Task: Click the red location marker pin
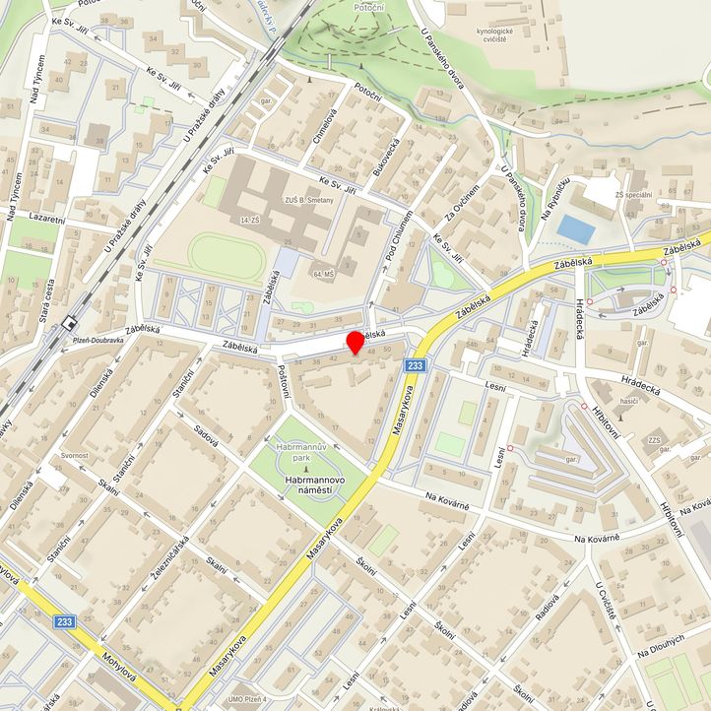coord(355,343)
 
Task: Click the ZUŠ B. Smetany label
coord(309,200)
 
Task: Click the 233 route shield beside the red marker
coord(415,366)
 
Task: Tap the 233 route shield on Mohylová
coord(66,621)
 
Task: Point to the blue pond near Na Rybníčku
coord(576,229)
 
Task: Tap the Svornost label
coord(75,456)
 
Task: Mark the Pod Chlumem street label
coord(393,236)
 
